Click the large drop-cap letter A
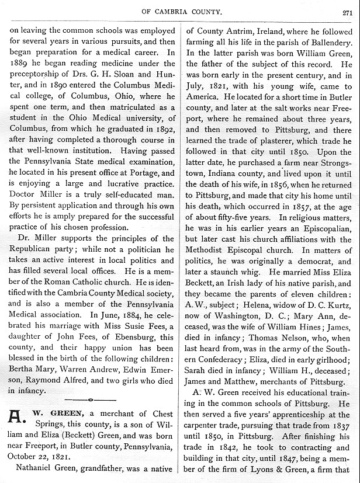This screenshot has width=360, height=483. [18, 418]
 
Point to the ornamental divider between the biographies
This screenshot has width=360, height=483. [89, 399]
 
